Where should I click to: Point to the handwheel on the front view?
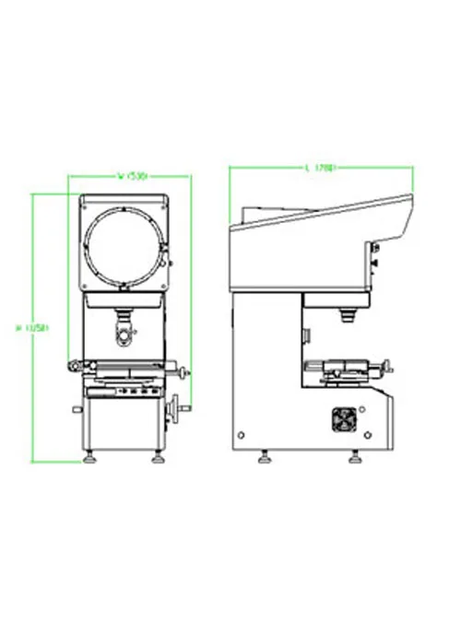point(173,408)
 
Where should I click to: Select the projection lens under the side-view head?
point(350,316)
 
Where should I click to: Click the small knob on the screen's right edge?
point(169,263)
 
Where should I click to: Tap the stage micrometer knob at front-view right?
point(188,373)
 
